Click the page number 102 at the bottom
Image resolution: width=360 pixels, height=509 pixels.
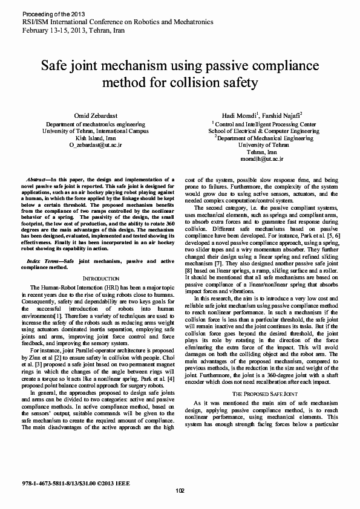pos(180,490)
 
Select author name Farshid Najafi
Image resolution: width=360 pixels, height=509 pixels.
pos(278,114)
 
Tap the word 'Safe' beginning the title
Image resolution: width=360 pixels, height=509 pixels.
pos(57,64)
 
